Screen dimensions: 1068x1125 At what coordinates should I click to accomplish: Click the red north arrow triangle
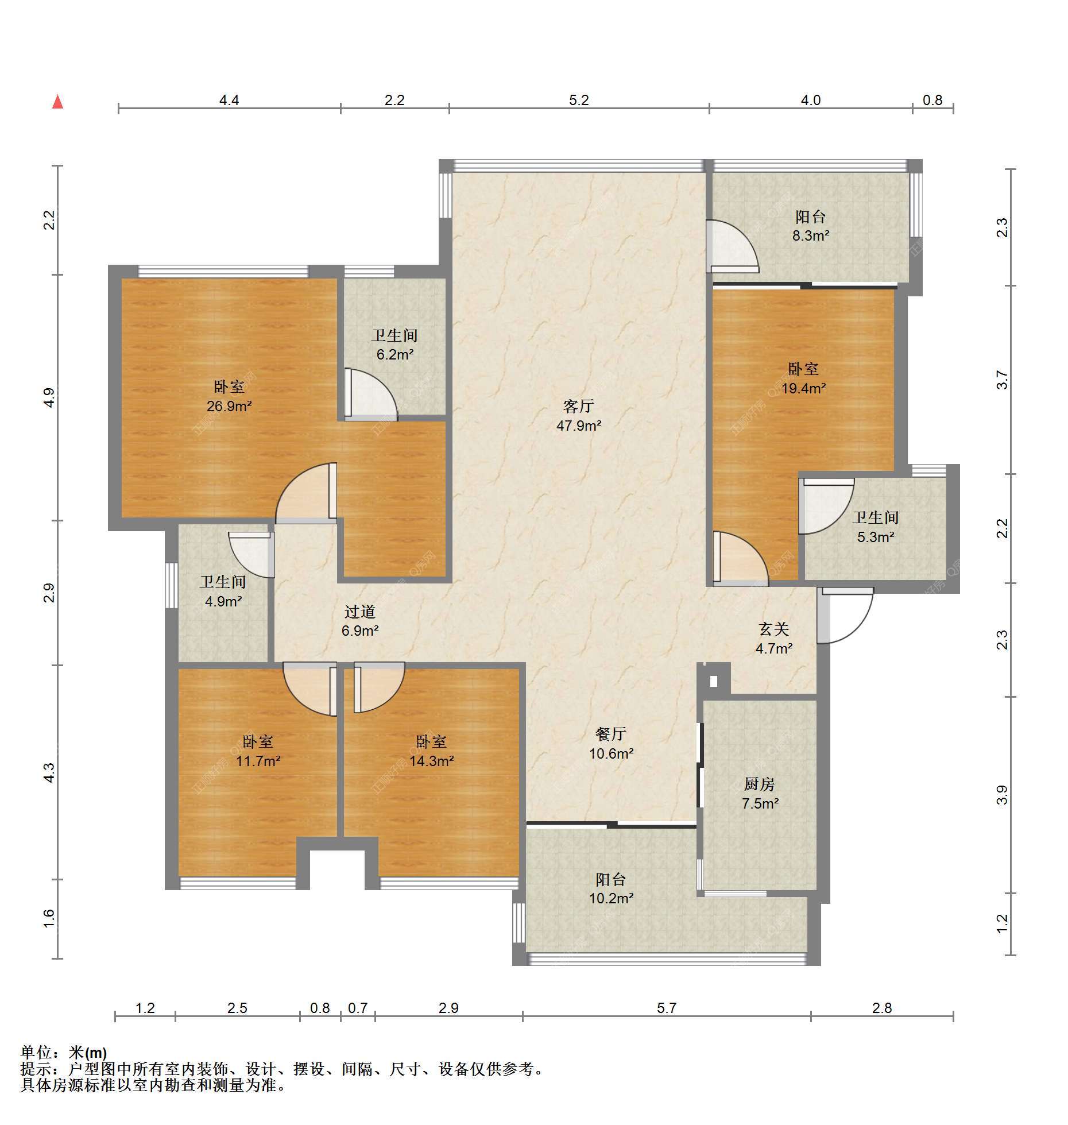(57, 102)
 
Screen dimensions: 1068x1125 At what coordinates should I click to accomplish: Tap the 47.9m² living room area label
(579, 426)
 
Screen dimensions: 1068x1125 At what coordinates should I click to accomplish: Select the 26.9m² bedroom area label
(230, 407)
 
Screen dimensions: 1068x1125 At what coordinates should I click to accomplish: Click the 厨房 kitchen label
(760, 784)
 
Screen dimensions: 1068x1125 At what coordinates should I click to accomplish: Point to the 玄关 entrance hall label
(774, 629)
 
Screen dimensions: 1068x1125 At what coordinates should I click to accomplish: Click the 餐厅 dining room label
(610, 734)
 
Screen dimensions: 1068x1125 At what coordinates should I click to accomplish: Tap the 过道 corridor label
(360, 612)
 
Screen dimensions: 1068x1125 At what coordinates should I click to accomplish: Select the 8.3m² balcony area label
(811, 235)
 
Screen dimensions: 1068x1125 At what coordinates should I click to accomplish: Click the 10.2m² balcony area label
(611, 898)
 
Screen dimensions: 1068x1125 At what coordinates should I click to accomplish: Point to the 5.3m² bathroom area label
(876, 537)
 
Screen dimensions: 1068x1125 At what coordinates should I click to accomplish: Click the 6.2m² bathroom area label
(395, 355)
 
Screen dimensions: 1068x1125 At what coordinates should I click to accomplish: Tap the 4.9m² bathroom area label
(223, 601)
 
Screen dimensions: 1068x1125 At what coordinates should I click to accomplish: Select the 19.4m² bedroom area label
(803, 388)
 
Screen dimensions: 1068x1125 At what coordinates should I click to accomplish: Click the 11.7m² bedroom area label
(258, 761)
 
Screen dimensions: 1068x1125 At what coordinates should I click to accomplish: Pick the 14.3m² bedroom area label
(432, 761)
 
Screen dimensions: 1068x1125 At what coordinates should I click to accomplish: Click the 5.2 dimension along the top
(579, 100)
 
